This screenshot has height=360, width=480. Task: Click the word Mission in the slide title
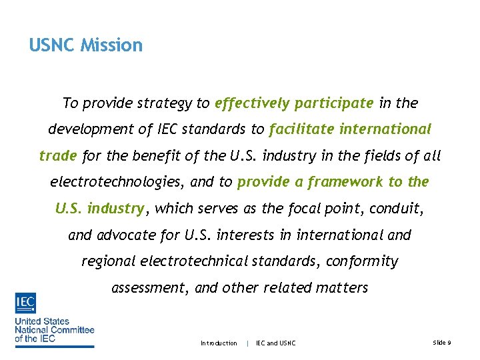pos(111,45)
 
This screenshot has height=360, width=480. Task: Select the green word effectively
pos(252,103)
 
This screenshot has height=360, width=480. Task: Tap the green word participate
pos(334,103)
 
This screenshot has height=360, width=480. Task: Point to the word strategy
pos(164,103)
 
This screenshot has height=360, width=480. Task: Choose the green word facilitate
pos(300,129)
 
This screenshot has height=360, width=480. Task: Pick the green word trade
pos(59,156)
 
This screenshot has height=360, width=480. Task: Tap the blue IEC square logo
pos(25,303)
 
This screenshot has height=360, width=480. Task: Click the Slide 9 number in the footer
pos(442,343)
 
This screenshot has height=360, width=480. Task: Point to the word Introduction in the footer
pos(219,343)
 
